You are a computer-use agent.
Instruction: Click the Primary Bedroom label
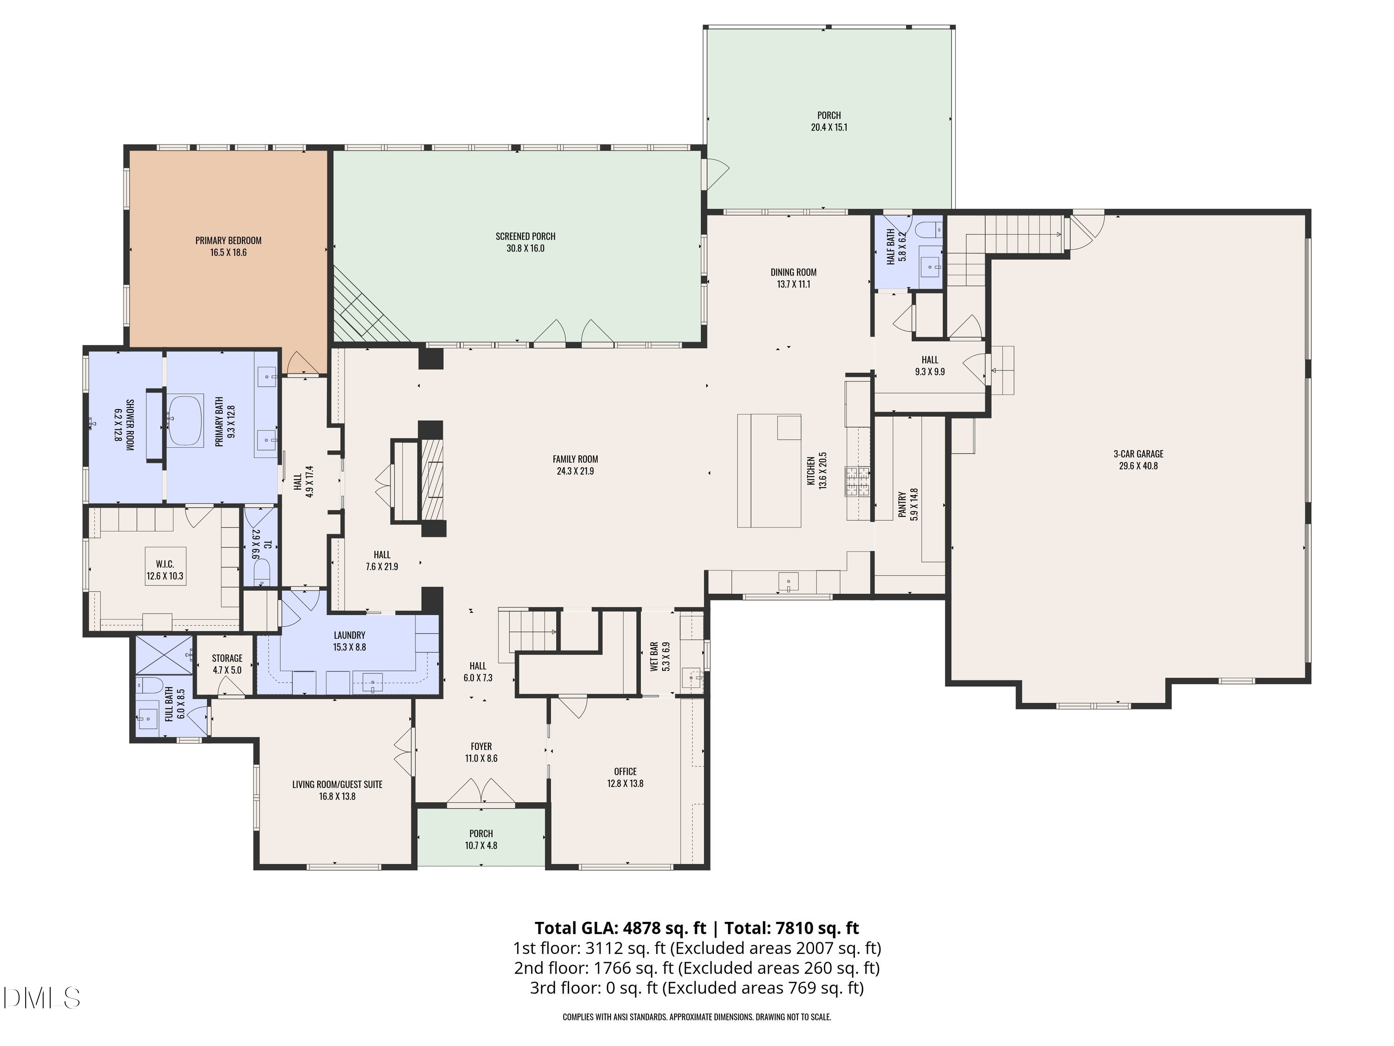228,240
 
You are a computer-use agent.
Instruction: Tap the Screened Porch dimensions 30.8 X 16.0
526,248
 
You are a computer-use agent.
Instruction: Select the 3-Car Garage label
1138,454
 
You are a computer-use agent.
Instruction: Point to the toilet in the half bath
928,228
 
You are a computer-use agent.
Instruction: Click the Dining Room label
794,272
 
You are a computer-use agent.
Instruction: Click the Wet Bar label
654,657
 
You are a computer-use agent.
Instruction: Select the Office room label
625,772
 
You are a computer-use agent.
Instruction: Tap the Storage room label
227,658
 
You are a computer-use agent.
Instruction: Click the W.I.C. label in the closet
165,564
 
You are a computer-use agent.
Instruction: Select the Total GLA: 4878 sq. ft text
621,928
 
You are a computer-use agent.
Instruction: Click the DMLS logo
42,998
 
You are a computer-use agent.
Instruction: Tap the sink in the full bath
148,717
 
